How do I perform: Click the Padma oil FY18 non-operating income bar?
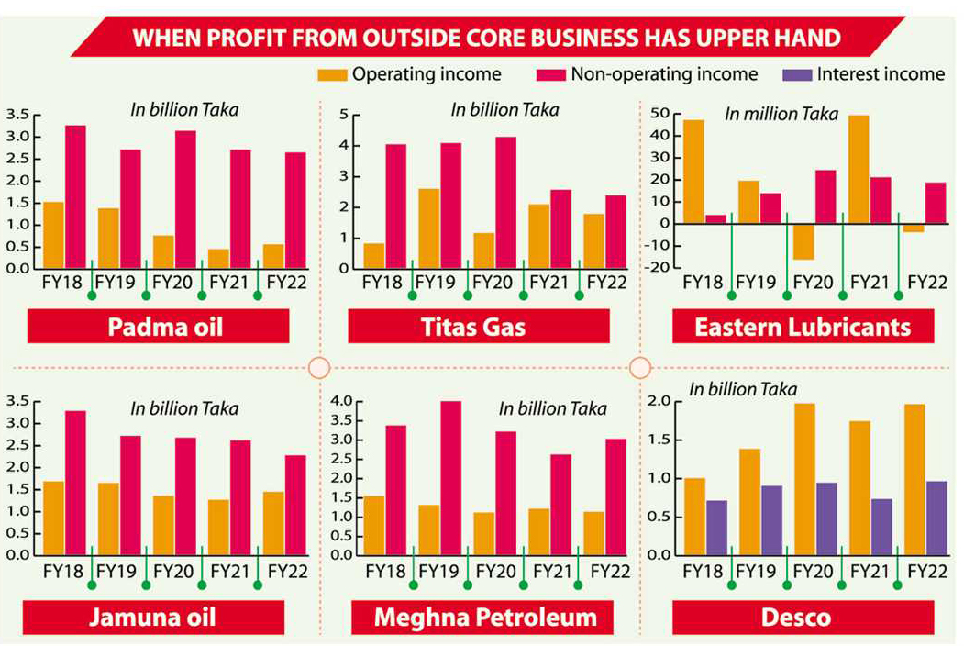75,196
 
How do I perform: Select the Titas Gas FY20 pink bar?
505,203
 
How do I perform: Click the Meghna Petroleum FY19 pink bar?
450,478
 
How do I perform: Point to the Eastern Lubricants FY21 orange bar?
859,169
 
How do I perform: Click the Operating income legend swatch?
331,74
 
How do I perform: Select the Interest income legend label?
881,74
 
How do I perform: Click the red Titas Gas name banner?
478,327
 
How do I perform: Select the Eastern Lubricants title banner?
803,327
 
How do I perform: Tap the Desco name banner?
803,617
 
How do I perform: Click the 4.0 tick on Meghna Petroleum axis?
340,401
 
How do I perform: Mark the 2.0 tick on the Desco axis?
659,401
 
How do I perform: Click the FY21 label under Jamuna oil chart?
229,570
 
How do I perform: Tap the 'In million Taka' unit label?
781,115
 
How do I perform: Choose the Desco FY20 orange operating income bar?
804,479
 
